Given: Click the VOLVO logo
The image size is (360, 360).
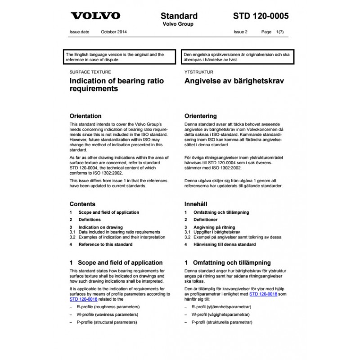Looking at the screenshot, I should coord(95,16).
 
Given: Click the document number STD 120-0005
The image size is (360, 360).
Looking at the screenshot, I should coord(261,16).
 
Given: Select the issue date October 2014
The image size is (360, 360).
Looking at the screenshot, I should coord(114,32).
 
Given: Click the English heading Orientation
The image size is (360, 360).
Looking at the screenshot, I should coord(85,116).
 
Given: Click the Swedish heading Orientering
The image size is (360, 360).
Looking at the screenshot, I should coord(201,116).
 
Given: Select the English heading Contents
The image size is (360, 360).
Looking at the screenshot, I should coord(82,203).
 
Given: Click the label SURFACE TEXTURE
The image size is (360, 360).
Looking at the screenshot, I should coord(90,72).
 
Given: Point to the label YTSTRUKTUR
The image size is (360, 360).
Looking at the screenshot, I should coord(198,72).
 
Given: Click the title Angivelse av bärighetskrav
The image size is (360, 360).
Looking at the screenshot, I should coord(234,81).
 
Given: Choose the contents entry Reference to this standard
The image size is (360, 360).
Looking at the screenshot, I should coord(105,244).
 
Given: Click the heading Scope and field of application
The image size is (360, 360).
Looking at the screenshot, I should coord(120,262).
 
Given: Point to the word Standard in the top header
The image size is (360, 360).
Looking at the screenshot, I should coord(180,16).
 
